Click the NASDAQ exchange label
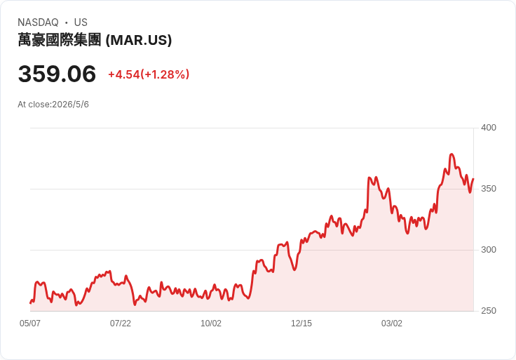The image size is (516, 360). coord(38,22)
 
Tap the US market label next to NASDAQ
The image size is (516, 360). coord(81,22)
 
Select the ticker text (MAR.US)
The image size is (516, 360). coord(139,40)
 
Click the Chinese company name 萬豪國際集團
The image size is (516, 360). coord(59,40)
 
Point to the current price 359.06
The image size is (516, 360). coord(57,74)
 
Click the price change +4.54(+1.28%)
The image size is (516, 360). coord(149,74)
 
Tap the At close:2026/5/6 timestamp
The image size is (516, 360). coord(53,105)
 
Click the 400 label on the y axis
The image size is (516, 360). coord(489,128)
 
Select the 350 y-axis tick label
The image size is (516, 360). coord(489,189)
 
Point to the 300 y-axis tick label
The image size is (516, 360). coord(489,250)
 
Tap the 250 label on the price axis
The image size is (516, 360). coord(489,311)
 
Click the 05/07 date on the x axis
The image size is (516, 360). coord(30,323)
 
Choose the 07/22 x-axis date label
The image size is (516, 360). coord(121,323)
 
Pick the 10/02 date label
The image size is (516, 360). coord(211,323)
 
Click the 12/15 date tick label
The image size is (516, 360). coord(301,323)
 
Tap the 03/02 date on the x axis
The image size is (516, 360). coord(392,323)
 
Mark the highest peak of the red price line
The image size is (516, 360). coord(451,154)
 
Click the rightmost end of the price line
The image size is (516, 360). coord(473,179)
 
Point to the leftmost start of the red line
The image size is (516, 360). coord(30,302)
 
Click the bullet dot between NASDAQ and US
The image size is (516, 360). coord(66,22)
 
